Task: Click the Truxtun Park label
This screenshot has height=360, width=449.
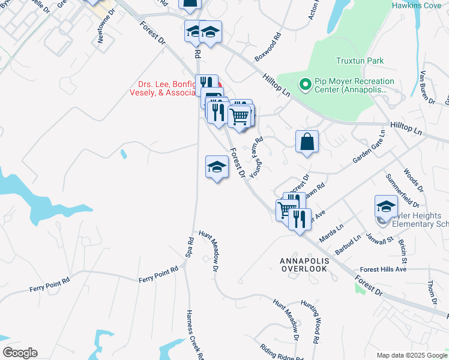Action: coord(360,61)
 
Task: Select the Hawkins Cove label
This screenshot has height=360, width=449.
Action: coord(416,5)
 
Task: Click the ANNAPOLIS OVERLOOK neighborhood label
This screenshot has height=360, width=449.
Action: coord(304,265)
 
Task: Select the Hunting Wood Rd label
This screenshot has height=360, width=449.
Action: coord(311,322)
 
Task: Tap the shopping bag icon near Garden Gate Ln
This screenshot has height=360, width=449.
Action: coord(307,142)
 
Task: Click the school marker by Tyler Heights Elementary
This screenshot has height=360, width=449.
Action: coord(386,206)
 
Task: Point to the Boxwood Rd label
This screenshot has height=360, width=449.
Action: coord(267,49)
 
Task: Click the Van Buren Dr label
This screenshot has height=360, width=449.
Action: coord(427,83)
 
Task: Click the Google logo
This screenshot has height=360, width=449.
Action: coord(19,352)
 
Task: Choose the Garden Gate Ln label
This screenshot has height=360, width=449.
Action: coord(367,148)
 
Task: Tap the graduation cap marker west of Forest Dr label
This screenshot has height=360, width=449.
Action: coord(217,167)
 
